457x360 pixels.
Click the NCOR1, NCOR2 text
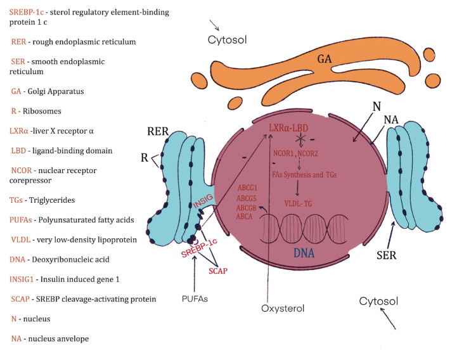pyautogui.click(x=294, y=153)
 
